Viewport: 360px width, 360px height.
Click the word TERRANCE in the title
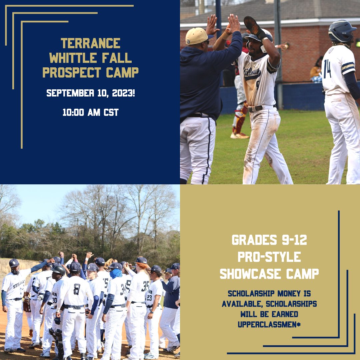pos(90,43)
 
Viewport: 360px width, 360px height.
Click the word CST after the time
pos(110,112)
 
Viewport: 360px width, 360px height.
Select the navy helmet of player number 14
pos(342,31)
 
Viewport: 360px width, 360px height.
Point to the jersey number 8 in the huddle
pos(77,289)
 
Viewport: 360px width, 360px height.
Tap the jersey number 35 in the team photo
pos(145,286)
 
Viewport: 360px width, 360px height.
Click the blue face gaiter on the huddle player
pos(116,273)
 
